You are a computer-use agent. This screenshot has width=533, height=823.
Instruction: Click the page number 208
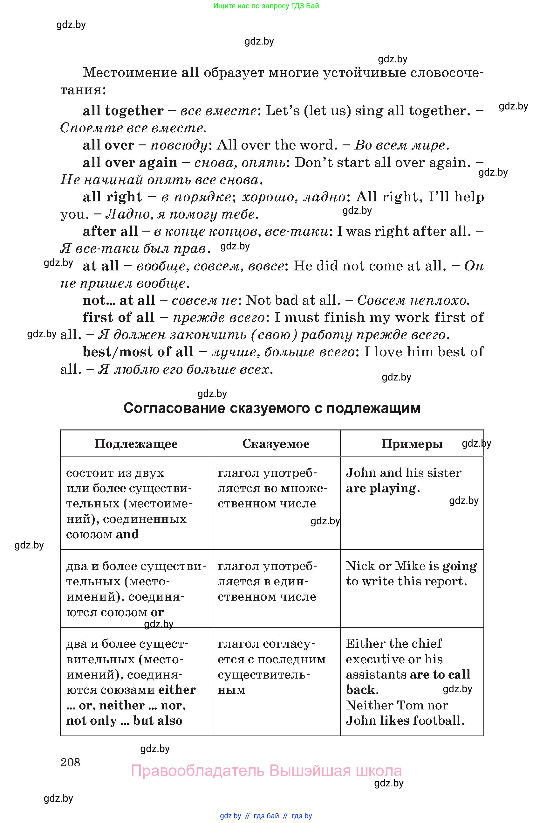click(x=70, y=762)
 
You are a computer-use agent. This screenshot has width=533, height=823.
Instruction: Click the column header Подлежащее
click(x=136, y=444)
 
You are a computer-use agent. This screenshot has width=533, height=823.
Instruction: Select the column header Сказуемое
click(x=276, y=444)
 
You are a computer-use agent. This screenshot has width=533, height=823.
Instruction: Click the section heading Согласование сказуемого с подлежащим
click(x=271, y=408)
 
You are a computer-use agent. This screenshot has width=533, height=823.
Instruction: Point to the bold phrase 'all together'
click(x=123, y=111)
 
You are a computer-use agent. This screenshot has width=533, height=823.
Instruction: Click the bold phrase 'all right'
click(x=112, y=197)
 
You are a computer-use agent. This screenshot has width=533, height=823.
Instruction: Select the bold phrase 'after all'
click(x=110, y=231)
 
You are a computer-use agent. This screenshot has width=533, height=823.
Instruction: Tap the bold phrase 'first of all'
click(x=119, y=317)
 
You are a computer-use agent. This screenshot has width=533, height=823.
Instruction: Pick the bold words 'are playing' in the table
click(x=382, y=488)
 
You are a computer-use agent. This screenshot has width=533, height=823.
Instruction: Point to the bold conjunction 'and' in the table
click(x=127, y=534)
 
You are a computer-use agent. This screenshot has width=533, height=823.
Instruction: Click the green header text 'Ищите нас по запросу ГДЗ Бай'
click(x=266, y=6)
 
